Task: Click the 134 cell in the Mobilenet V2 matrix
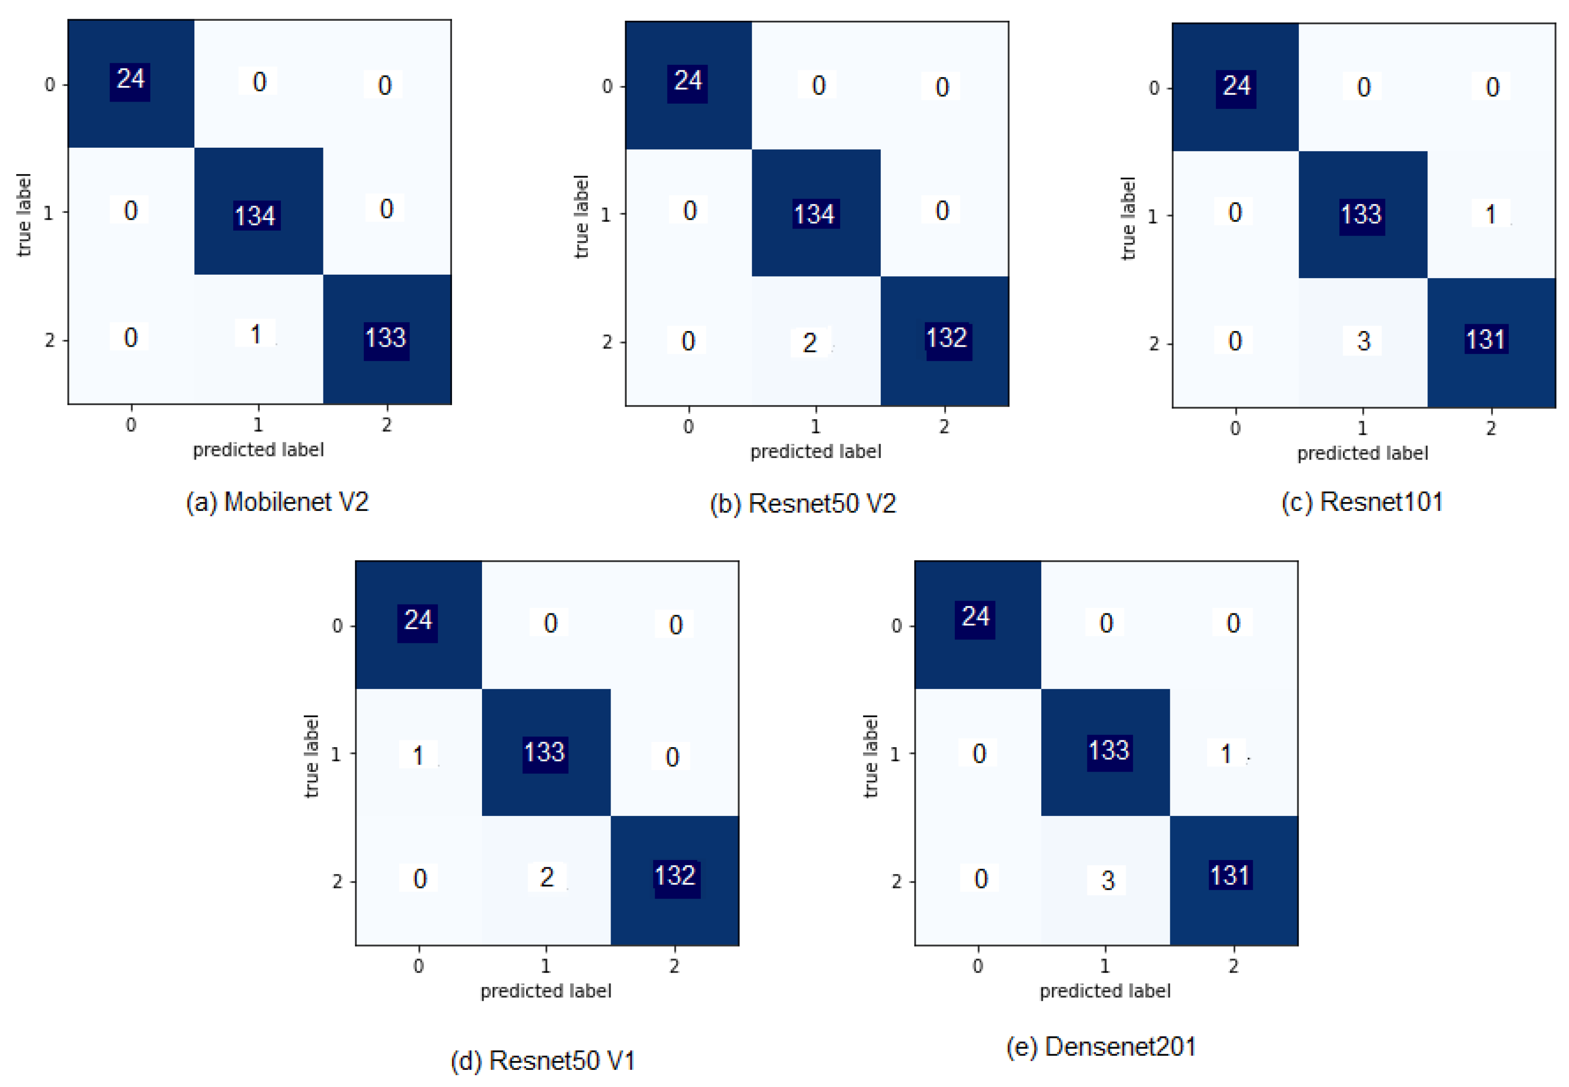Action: coord(255,215)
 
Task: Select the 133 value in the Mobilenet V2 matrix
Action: coord(386,338)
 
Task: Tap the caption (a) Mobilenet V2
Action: coord(277,502)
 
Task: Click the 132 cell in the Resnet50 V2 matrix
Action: coord(946,338)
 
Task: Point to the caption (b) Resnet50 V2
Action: coord(802,503)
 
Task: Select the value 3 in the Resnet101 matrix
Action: coord(1363,340)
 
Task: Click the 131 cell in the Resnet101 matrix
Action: coord(1486,339)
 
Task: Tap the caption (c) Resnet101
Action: coord(1362,502)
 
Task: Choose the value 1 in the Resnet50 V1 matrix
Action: coord(418,755)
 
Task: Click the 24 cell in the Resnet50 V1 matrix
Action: coord(418,620)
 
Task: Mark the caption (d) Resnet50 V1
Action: coord(543,1061)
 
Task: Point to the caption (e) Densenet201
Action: coord(1101,1047)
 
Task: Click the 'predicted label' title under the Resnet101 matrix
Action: coord(1362,453)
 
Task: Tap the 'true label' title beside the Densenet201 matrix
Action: coord(870,756)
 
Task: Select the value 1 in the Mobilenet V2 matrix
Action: coord(256,334)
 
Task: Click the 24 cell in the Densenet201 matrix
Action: coord(975,617)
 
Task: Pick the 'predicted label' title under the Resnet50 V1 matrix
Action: coord(546,991)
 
